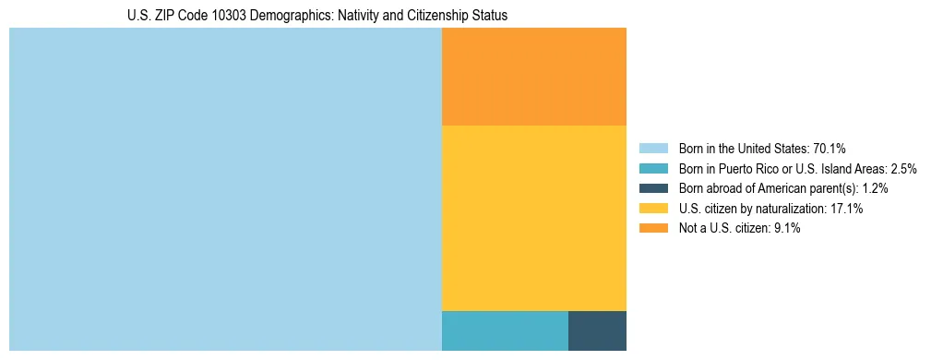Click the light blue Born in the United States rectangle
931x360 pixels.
tap(225, 189)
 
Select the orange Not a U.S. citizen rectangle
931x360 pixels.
tap(534, 77)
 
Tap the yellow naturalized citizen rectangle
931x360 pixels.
tap(534, 218)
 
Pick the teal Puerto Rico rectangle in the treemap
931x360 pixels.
tap(505, 330)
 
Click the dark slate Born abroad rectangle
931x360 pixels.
tap(597, 330)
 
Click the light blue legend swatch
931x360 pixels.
tap(653, 149)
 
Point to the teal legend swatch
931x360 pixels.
tap(653, 169)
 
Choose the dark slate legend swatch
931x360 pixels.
tap(653, 188)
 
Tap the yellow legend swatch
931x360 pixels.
tap(653, 209)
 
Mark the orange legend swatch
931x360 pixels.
tap(653, 229)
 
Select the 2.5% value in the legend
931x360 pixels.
tap(903, 169)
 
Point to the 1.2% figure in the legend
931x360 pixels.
tap(875, 188)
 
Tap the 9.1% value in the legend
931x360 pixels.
tap(784, 229)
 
